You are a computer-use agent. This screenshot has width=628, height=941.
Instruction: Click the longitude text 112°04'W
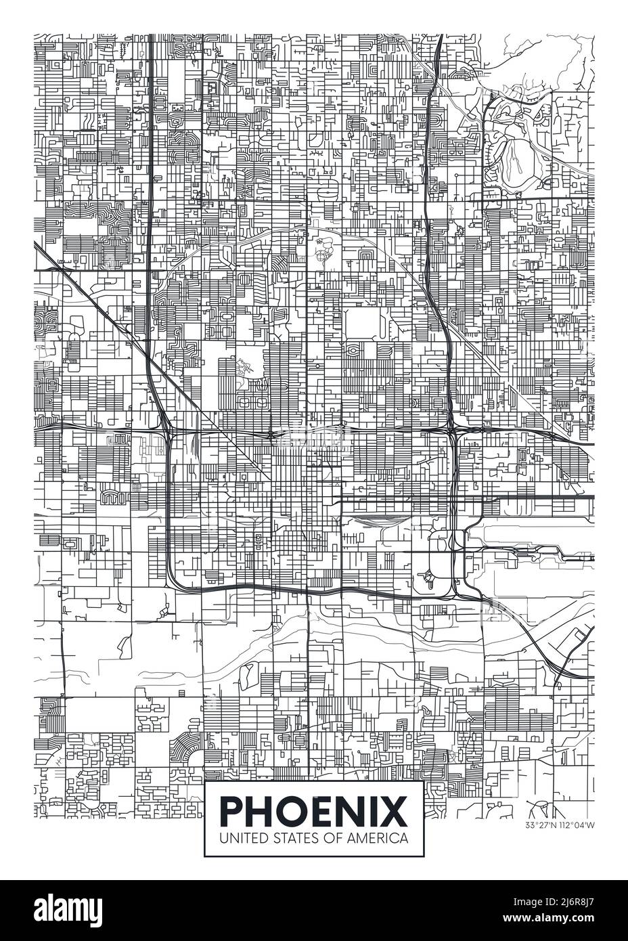point(577,825)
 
